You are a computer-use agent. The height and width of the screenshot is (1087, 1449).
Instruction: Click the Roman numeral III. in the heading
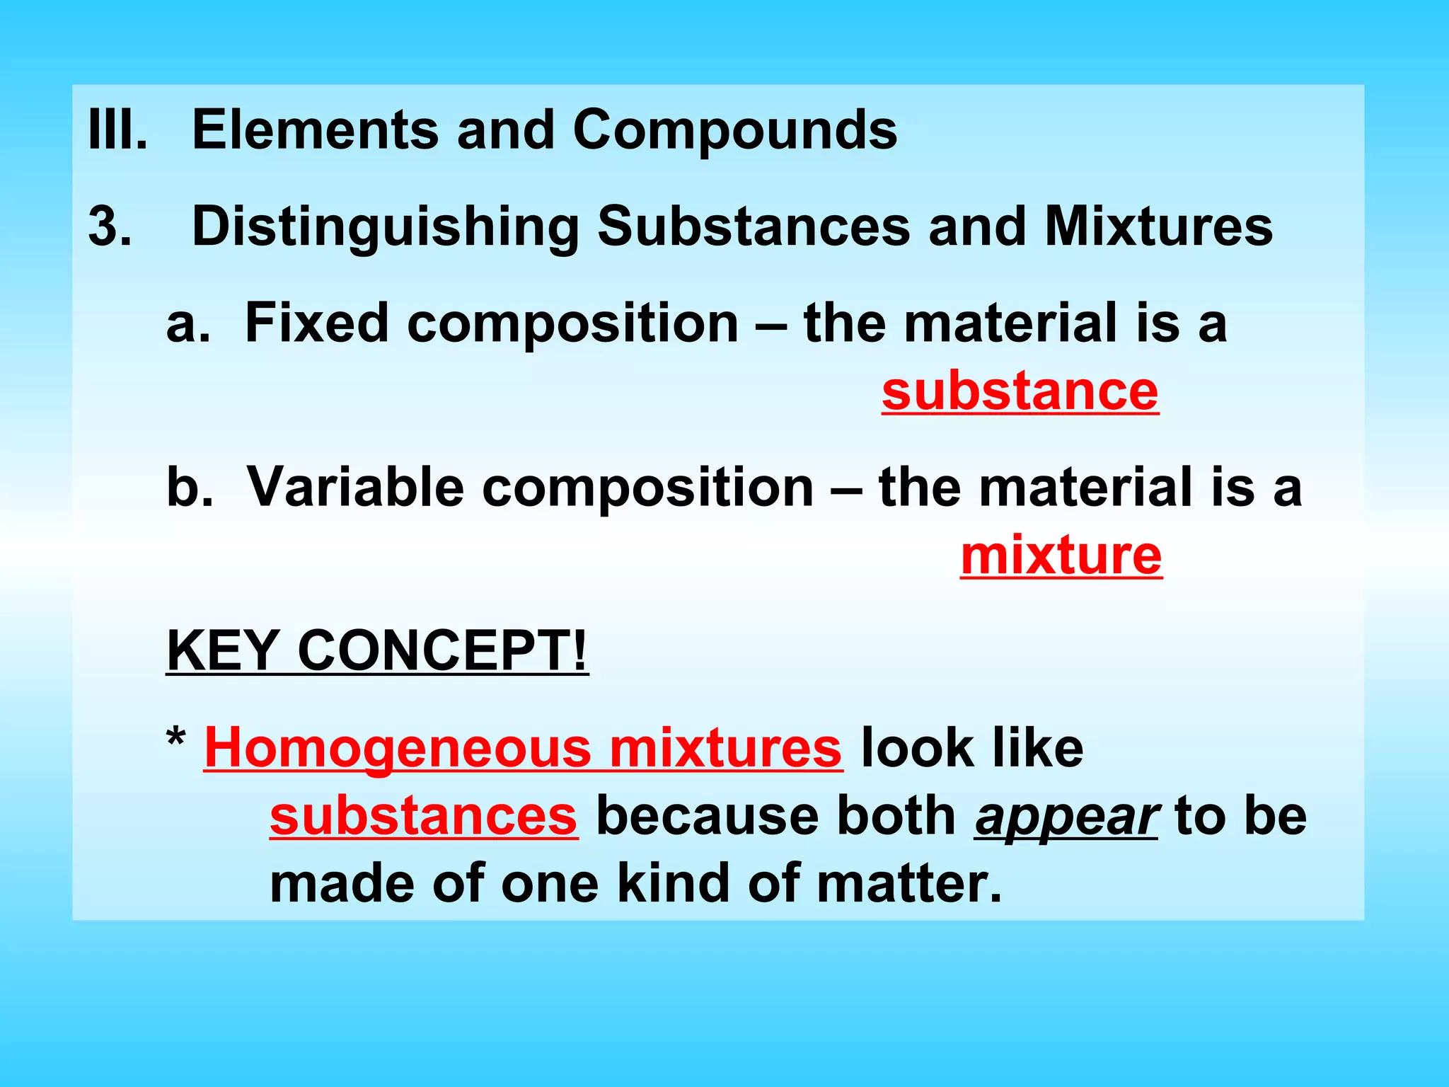(117, 130)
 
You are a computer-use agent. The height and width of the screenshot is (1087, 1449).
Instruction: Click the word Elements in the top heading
(315, 130)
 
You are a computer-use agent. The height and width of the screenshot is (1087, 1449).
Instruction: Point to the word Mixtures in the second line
(1158, 226)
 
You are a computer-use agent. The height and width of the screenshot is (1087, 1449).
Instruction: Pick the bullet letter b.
(189, 488)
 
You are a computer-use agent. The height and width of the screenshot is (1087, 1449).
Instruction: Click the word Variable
(354, 488)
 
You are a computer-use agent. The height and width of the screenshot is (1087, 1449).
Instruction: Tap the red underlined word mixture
(1061, 556)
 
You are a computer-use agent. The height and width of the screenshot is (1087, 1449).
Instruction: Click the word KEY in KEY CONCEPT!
(222, 650)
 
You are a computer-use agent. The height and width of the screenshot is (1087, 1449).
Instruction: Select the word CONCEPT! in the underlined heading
(442, 650)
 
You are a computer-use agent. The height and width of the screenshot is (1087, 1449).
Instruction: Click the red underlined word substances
(423, 817)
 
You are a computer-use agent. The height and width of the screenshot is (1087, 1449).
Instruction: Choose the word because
(708, 817)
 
